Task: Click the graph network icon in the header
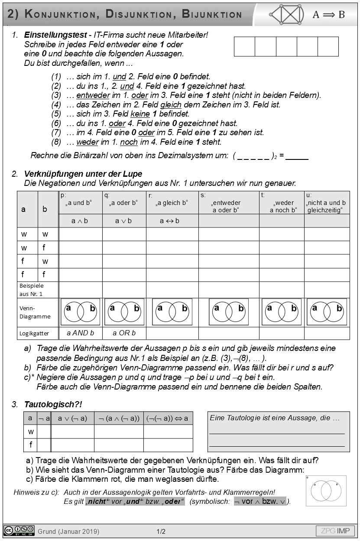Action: click(x=286, y=14)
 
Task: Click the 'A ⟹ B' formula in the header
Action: click(x=329, y=15)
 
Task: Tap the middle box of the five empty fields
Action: click(x=286, y=47)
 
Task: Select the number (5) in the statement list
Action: click(x=56, y=114)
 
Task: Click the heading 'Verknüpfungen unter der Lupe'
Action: click(x=83, y=174)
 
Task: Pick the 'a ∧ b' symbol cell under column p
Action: click(x=80, y=221)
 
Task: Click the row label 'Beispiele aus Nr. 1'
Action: click(x=32, y=289)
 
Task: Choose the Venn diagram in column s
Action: click(x=229, y=312)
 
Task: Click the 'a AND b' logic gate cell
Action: click(x=80, y=333)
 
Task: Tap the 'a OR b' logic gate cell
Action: click(x=124, y=333)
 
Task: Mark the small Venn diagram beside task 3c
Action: click(x=326, y=490)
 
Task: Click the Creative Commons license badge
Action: click(x=19, y=531)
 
